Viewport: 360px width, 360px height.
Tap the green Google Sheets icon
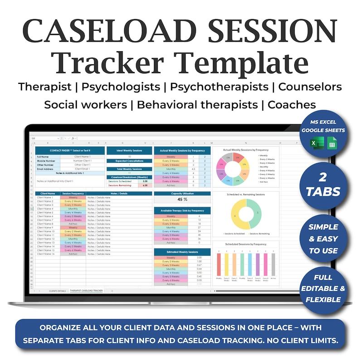[x=332, y=145]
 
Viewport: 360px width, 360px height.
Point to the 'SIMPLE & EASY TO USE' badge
[x=324, y=238]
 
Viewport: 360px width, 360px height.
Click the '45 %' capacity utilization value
[x=182, y=199]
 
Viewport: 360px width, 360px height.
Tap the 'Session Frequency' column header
[x=73, y=194]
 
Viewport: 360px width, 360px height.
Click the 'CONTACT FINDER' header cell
[x=70, y=150]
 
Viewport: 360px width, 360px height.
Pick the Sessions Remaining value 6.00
[x=145, y=185]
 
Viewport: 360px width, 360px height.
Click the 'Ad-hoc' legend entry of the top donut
[x=264, y=181]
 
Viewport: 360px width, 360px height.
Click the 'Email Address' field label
[x=46, y=169]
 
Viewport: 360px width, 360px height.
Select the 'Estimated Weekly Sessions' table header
[x=182, y=252]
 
